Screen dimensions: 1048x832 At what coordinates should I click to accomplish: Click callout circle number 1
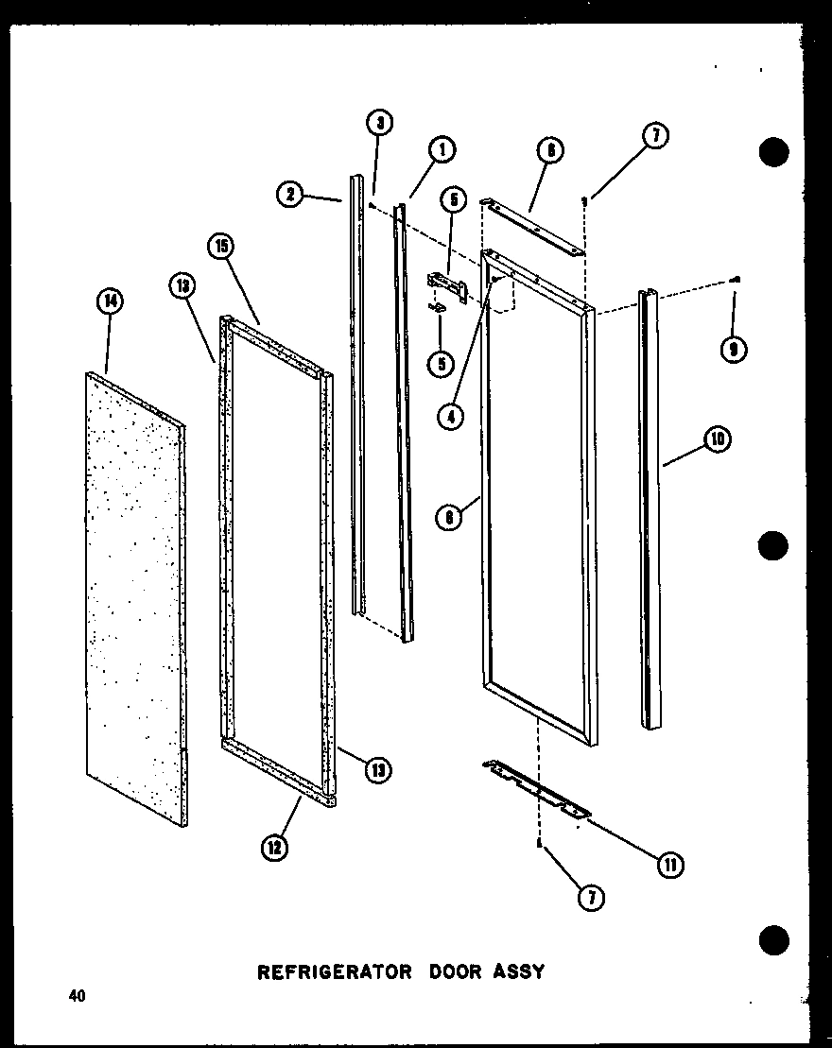[441, 149]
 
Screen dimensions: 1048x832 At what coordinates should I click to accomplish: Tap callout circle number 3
[379, 123]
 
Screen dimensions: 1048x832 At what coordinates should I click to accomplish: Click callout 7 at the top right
[655, 136]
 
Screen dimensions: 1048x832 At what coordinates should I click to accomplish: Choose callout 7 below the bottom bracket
[592, 897]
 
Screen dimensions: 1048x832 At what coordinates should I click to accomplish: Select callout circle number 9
[733, 349]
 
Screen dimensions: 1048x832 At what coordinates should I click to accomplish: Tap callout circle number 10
[719, 439]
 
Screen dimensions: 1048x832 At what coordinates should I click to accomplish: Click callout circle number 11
[671, 863]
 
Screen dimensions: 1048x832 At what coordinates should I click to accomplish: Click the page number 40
[76, 995]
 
